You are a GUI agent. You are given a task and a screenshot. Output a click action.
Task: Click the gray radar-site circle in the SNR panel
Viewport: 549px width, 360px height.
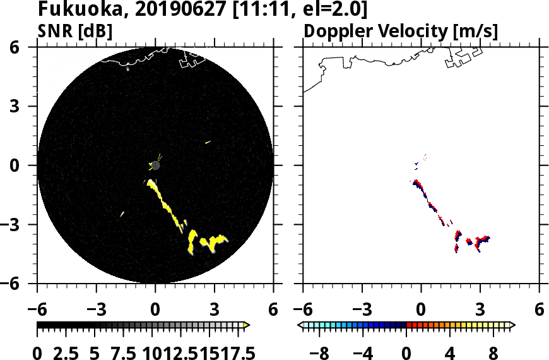click(155, 165)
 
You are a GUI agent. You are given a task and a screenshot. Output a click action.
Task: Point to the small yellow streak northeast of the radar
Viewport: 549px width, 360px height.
click(208, 142)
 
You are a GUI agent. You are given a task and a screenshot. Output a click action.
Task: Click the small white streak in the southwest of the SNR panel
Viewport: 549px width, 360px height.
click(122, 214)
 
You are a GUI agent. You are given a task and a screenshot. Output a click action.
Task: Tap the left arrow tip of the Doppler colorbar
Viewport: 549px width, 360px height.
click(300, 325)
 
